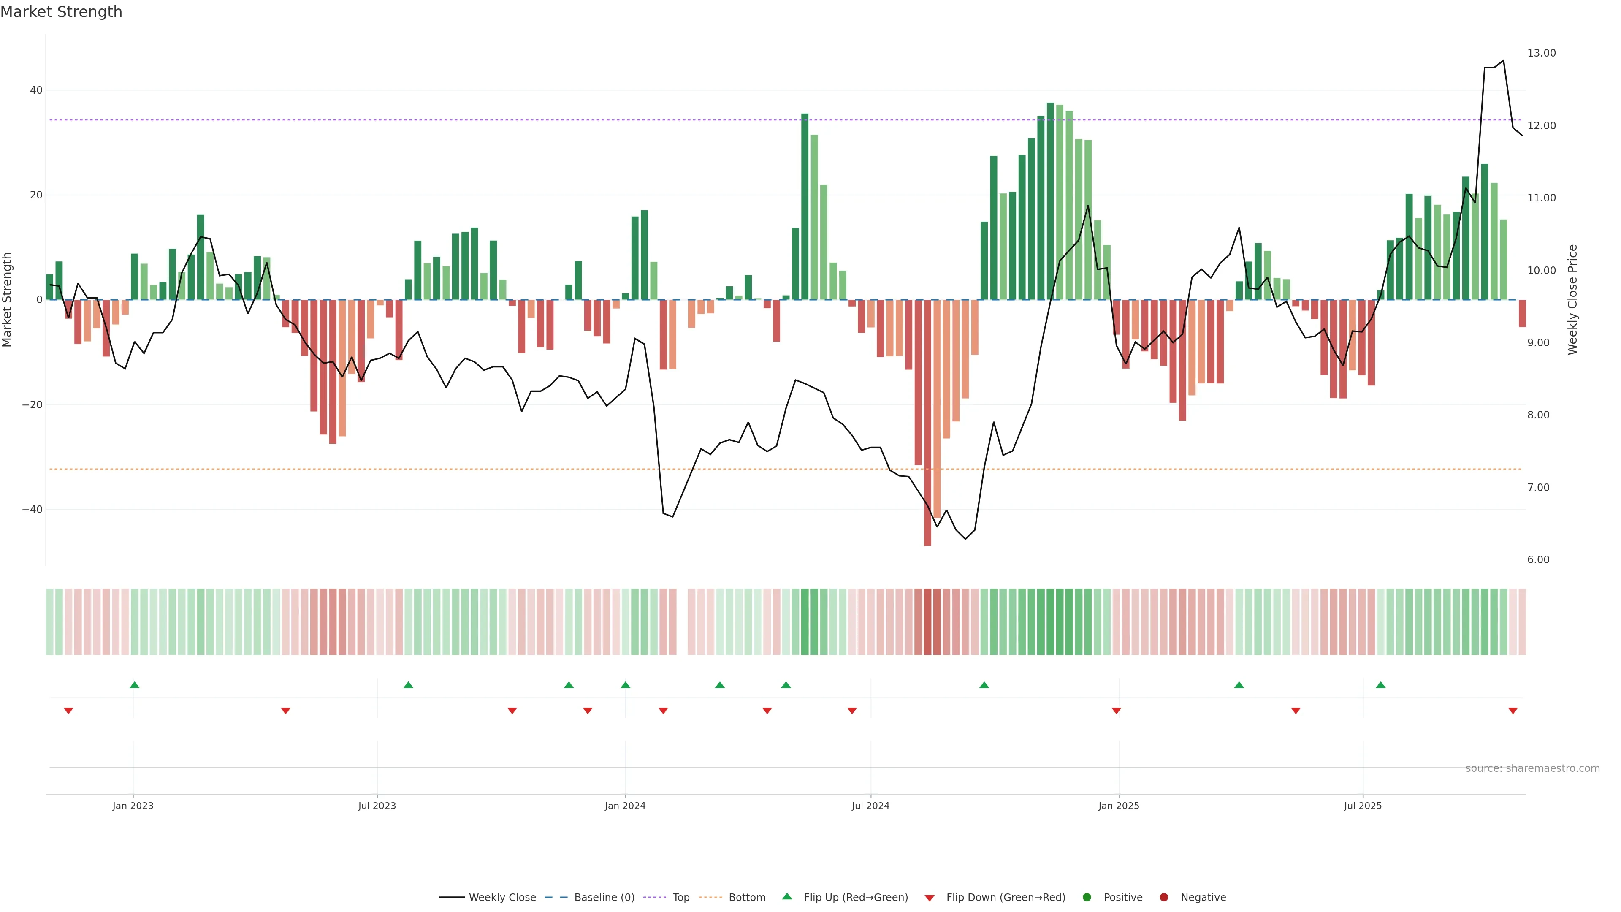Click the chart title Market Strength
[61, 12]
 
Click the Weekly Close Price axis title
[1572, 300]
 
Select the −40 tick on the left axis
[32, 510]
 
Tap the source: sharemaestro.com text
[1532, 768]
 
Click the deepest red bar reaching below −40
[927, 440]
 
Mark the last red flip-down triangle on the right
[1513, 711]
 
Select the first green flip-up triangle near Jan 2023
[134, 685]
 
